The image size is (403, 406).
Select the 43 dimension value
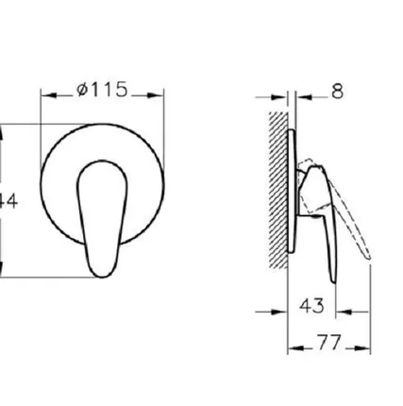(x=315, y=306)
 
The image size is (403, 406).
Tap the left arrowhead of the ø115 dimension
(x=48, y=95)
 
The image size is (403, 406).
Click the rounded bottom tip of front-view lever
(x=100, y=273)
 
